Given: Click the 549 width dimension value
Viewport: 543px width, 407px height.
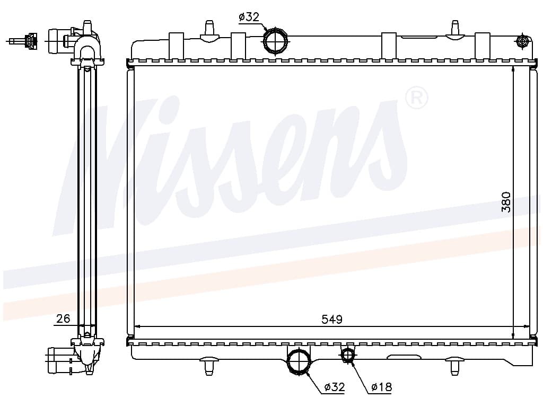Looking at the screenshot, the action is [332, 318].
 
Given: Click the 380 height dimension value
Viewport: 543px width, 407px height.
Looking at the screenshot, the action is [506, 202].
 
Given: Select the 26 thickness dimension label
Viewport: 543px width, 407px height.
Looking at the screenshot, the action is [63, 318].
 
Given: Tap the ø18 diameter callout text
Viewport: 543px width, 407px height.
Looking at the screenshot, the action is [381, 387].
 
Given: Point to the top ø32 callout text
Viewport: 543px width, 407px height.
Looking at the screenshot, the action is [249, 16].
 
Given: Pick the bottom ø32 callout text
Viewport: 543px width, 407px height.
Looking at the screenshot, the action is [335, 387].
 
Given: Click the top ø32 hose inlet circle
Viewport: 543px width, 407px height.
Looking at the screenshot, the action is [276, 40].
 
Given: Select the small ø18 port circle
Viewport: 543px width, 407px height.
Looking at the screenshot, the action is [347, 356].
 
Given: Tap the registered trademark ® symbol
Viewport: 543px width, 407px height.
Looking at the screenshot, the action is [416, 98].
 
